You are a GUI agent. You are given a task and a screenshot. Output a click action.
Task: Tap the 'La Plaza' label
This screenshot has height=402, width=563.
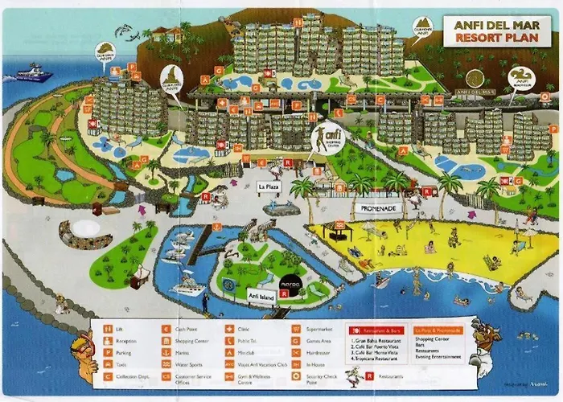pos(269,187)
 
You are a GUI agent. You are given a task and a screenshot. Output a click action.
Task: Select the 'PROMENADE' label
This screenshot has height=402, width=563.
pos(378,207)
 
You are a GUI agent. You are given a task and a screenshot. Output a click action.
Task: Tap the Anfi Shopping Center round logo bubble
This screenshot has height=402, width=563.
pos(325,140)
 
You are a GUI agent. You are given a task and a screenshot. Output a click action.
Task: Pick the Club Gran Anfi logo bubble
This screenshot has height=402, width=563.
pos(105,51)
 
